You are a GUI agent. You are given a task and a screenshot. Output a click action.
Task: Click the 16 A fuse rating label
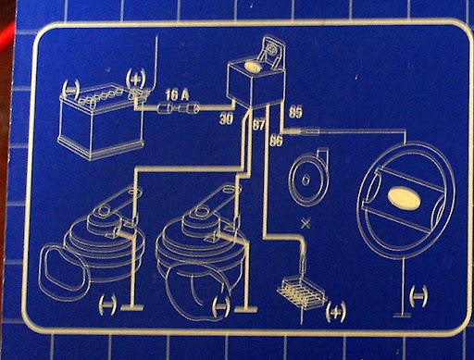(x=177, y=95)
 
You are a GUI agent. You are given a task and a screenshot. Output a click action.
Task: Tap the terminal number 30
(x=227, y=118)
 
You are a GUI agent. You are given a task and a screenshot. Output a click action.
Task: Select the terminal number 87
(x=259, y=125)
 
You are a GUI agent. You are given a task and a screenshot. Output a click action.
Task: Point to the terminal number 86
(x=276, y=141)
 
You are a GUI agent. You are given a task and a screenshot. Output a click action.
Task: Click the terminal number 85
(x=295, y=112)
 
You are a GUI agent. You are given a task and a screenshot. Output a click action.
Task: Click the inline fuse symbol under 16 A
(x=178, y=108)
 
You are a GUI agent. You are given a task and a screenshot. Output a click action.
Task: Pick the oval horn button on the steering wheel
(x=404, y=197)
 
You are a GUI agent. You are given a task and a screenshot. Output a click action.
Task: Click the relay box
(x=255, y=86)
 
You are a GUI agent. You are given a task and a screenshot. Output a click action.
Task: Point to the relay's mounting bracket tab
(x=272, y=51)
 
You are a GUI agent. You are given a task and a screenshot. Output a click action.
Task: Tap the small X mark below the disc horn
(x=306, y=224)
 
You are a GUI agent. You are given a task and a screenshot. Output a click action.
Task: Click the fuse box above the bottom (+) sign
(x=302, y=293)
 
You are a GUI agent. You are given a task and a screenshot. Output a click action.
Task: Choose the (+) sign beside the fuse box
(x=336, y=312)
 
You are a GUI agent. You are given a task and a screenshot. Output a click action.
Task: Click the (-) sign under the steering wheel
(x=418, y=295)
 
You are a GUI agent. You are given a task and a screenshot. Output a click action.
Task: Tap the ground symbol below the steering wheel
(x=403, y=315)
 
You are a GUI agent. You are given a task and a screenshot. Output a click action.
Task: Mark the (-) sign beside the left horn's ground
(x=107, y=304)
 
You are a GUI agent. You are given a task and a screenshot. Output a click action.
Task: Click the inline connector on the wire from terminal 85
(x=305, y=132)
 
